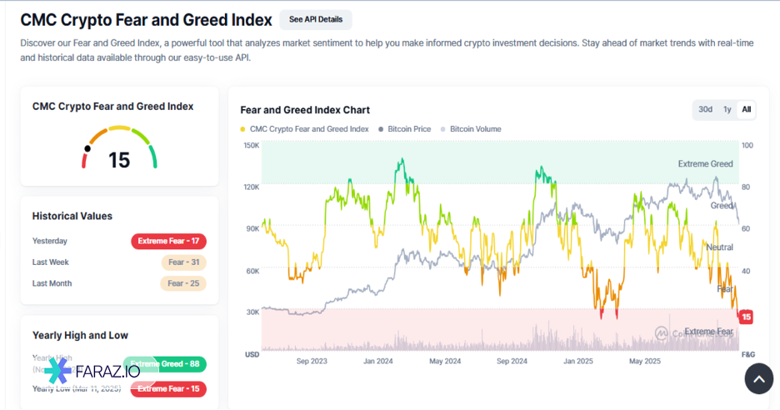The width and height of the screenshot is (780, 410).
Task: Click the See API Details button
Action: pyautogui.click(x=315, y=19)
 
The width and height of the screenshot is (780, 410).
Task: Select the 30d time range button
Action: pyautogui.click(x=705, y=109)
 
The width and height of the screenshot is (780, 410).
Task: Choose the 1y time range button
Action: pyautogui.click(x=727, y=109)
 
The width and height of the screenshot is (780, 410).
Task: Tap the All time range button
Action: pyautogui.click(x=747, y=109)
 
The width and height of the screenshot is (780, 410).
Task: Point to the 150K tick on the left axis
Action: pyautogui.click(x=251, y=146)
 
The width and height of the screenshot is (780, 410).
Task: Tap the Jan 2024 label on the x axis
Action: pyautogui.click(x=378, y=362)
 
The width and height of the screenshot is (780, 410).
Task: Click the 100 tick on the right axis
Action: pyautogui.click(x=747, y=146)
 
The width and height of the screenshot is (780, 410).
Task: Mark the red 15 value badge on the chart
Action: pyautogui.click(x=747, y=317)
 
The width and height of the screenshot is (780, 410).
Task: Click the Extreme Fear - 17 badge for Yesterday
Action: pyautogui.click(x=168, y=242)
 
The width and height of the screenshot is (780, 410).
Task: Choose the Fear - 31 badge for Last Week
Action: pyautogui.click(x=183, y=262)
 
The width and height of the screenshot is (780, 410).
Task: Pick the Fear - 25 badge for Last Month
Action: pyautogui.click(x=183, y=283)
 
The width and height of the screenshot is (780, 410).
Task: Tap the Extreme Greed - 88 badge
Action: pyautogui.click(x=167, y=364)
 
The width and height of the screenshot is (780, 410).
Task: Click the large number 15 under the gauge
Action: pyautogui.click(x=119, y=160)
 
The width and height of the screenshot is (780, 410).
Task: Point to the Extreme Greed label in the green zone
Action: pyautogui.click(x=705, y=164)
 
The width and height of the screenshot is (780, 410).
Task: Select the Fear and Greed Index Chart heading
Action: pyautogui.click(x=305, y=110)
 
